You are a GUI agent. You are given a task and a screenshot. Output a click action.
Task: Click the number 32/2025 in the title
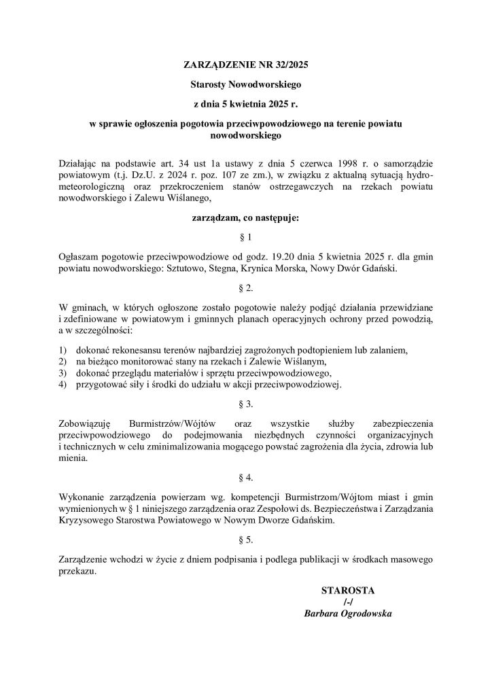pyautogui.click(x=290, y=66)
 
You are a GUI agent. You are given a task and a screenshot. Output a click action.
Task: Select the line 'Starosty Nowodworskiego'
pyautogui.click(x=245, y=86)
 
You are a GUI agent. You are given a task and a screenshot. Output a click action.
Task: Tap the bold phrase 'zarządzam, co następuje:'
pyautogui.click(x=245, y=219)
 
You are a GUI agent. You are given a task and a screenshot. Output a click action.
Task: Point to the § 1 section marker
pyautogui.click(x=245, y=238)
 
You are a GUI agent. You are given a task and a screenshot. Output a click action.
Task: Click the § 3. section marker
pyautogui.click(x=245, y=404)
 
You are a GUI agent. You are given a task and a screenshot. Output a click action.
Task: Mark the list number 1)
pyautogui.click(x=63, y=351)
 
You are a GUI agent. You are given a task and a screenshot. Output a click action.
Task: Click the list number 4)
pyautogui.click(x=63, y=384)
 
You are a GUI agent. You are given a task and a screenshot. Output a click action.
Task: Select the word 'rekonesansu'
pyautogui.click(x=140, y=351)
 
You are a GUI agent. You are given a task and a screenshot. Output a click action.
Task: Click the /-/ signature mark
pyautogui.click(x=348, y=602)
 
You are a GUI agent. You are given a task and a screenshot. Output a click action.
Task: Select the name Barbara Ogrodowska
pyautogui.click(x=348, y=614)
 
